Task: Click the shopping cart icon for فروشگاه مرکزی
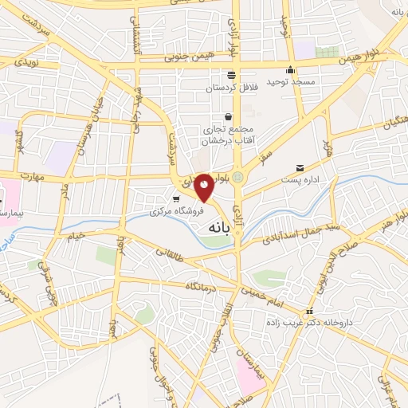(176, 198)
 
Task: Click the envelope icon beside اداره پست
(300, 168)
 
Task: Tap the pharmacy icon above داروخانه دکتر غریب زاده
(311, 312)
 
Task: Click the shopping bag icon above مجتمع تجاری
(229, 116)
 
